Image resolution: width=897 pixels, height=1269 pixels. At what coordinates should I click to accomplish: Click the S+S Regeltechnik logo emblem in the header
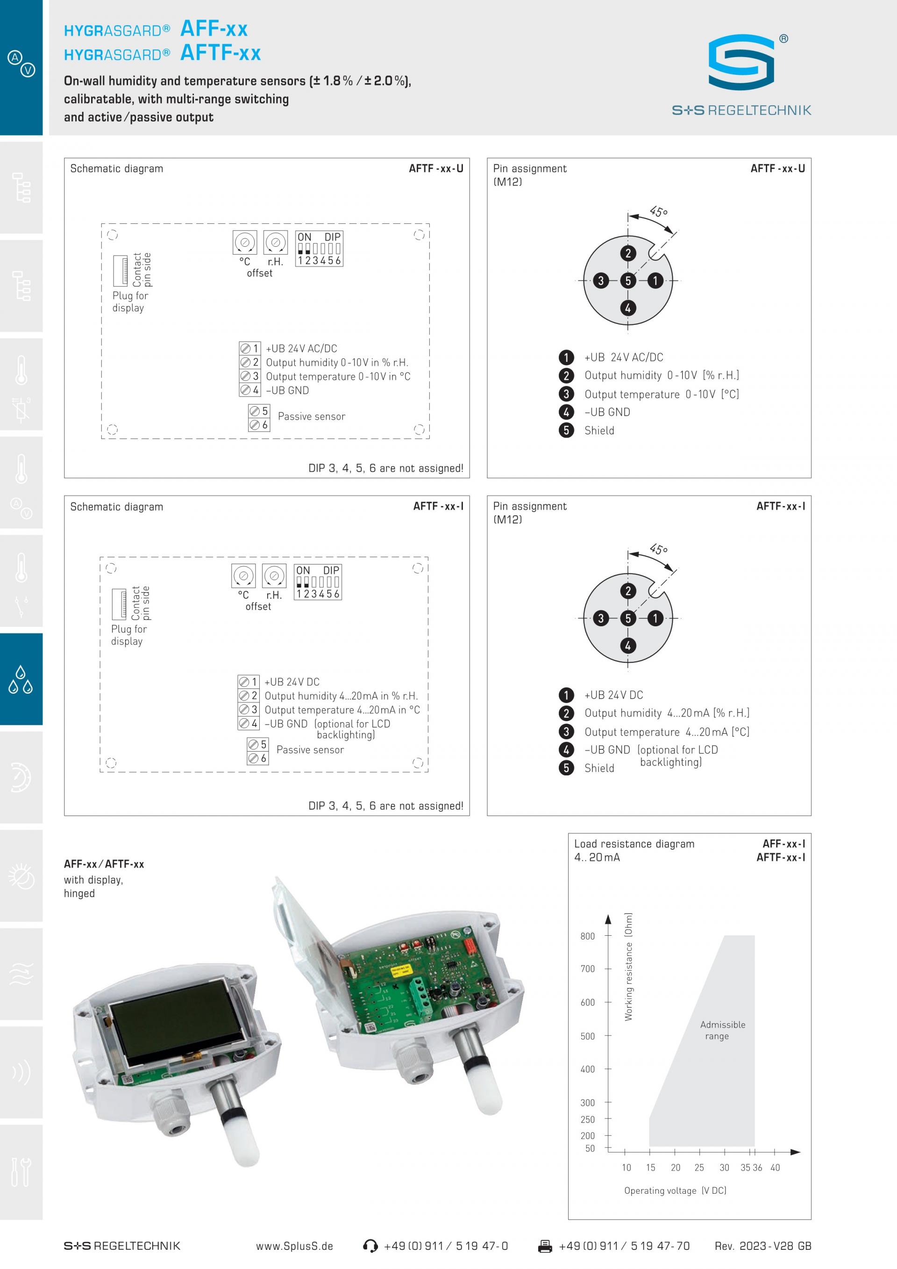741,63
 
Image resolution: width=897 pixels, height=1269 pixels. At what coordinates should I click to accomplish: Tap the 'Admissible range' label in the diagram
722,1030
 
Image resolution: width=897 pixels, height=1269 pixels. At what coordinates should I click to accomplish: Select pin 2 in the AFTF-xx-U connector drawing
627,254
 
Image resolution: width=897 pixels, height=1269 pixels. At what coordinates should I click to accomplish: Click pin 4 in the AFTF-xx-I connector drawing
627,645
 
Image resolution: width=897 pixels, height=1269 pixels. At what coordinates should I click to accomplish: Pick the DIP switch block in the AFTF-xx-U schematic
319,249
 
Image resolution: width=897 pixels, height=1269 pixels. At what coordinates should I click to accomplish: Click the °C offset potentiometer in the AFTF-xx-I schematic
243,576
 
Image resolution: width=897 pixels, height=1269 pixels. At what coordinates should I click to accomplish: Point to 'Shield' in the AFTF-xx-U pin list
599,430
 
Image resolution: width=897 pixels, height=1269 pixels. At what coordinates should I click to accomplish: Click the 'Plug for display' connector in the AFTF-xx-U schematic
121,270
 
